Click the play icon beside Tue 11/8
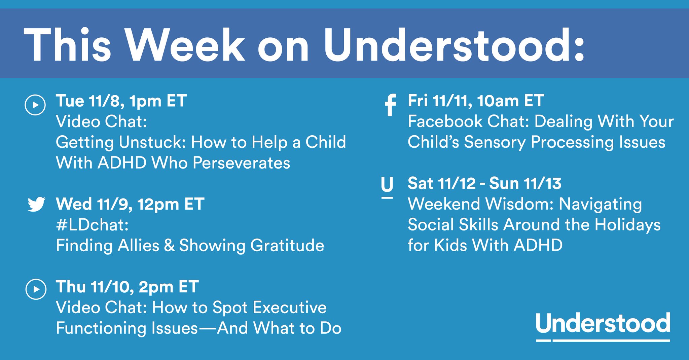point(35,105)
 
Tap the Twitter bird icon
point(36,204)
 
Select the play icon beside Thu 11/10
point(36,289)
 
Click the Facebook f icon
point(390,105)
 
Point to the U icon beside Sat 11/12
point(387,188)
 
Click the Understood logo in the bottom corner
point(603,326)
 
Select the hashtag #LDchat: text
point(92,225)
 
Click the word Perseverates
point(241,163)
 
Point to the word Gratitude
point(287,245)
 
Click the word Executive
point(289,308)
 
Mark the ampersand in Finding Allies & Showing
point(169,245)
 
